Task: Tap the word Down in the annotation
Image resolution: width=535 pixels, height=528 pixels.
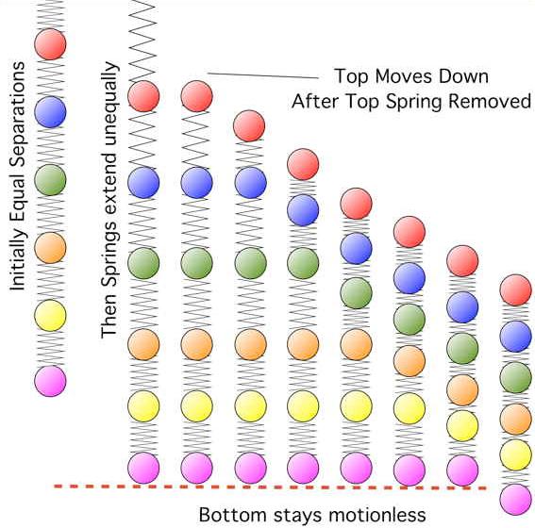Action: [x=463, y=76]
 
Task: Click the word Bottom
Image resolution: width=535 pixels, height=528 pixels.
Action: [x=232, y=515]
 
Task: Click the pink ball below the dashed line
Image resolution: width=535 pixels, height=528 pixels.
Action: [x=515, y=500]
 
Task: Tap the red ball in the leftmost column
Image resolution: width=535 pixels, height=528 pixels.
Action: [x=50, y=44]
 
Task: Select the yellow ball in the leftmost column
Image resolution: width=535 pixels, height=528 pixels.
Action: [x=50, y=315]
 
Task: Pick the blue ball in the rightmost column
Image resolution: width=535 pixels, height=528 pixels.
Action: [x=515, y=337]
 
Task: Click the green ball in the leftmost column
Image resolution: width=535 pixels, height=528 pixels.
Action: [x=50, y=180]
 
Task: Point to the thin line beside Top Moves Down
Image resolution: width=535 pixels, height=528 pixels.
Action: [x=263, y=75]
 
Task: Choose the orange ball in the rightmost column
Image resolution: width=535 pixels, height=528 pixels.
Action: [x=515, y=419]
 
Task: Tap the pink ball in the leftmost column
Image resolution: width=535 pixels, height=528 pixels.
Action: [x=50, y=381]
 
